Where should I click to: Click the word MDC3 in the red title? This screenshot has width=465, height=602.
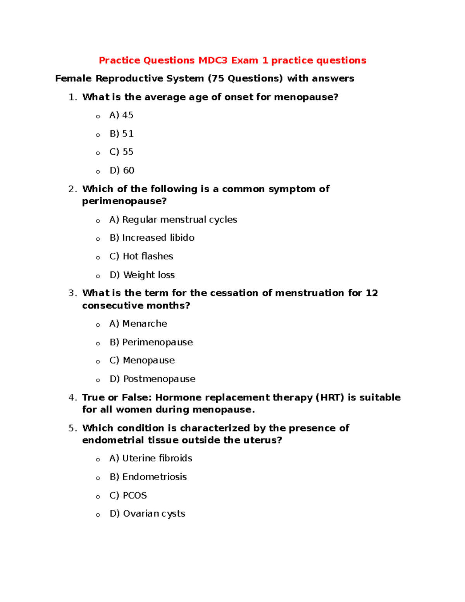pos(213,60)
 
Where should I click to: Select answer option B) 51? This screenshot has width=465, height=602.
pos(122,134)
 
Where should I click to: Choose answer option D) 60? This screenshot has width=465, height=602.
pos(122,171)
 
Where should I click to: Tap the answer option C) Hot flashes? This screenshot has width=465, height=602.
pos(141,256)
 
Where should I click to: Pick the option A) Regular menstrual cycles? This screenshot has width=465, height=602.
pos(173,220)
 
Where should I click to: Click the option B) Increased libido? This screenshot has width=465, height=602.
pos(152,238)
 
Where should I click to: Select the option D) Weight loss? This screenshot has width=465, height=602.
pos(142,275)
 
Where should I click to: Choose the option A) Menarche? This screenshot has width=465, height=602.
pos(138,324)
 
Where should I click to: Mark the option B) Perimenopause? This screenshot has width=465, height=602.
pos(151,342)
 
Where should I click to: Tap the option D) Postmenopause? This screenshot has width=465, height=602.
pos(153,379)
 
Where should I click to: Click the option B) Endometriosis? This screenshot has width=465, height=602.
pos(148,477)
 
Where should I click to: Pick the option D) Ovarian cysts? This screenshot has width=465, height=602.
pos(147,514)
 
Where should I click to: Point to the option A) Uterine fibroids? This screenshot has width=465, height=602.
pos(151,458)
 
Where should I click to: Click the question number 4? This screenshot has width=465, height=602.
pos(72,398)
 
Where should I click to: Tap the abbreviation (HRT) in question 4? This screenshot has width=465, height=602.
pos(330,397)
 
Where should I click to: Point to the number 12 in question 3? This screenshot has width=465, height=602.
pos(372,293)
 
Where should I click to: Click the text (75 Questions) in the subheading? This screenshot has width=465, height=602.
pos(245,79)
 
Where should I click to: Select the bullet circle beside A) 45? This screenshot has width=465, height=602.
pos(98,116)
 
